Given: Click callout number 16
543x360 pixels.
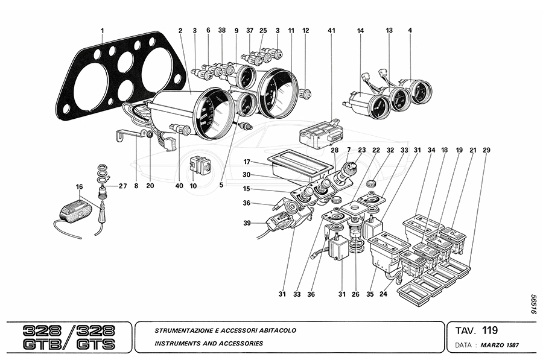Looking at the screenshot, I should click(x=79, y=187).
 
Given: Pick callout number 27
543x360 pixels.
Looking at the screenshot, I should click(x=122, y=186).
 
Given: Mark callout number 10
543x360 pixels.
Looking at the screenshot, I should click(x=193, y=186).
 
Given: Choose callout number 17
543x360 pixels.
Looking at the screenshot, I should click(x=247, y=162).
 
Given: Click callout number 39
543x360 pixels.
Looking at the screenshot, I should click(x=247, y=223).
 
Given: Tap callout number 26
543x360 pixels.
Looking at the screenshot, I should click(x=355, y=294).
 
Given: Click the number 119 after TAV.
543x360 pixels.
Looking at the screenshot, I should click(x=490, y=330).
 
